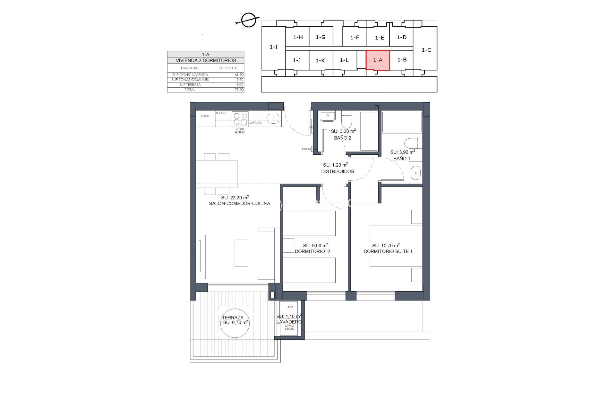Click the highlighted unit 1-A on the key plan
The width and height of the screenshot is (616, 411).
(378, 60)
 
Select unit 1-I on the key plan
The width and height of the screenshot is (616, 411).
(273, 47)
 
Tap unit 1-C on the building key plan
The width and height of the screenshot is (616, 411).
(426, 50)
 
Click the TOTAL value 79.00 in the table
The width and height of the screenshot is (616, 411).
(239, 90)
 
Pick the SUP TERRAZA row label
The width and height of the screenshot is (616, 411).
(190, 85)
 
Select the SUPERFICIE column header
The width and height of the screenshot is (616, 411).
(228, 68)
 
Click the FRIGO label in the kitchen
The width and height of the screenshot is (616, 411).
(205, 116)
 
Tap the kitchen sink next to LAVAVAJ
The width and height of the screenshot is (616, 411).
(273, 118)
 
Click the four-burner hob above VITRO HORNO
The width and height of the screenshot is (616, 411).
(240, 118)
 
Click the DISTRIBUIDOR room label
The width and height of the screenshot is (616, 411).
(338, 171)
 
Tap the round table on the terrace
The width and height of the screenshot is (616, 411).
(235, 323)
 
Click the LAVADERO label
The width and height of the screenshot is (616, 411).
(289, 322)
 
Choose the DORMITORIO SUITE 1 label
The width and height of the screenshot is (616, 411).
(388, 251)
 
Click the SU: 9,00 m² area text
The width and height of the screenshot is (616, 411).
(315, 246)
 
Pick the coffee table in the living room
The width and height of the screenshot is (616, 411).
(241, 253)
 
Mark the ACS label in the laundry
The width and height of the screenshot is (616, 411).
(290, 307)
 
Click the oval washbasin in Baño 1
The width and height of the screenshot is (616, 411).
(416, 173)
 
